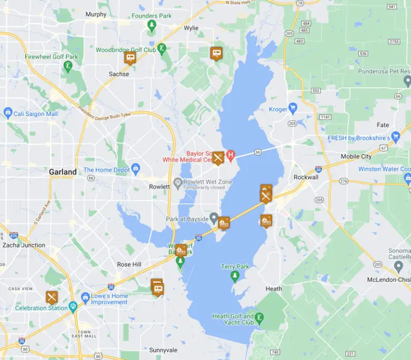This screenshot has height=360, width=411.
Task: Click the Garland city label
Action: click(x=63, y=172)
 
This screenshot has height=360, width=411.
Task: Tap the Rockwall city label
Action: click(x=306, y=177)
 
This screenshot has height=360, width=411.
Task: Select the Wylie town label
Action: click(x=191, y=28)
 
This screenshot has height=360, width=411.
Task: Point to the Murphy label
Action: click(x=96, y=14)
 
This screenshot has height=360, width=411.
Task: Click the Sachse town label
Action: click(x=119, y=74)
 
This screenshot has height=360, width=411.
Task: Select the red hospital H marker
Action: click(x=231, y=156)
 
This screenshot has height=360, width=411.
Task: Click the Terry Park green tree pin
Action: click(x=234, y=275)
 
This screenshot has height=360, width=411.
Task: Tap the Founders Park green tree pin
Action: click(x=152, y=25)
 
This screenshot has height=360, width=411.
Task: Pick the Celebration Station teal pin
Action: click(x=73, y=306)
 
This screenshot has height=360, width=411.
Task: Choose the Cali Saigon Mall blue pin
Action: click(x=7, y=113)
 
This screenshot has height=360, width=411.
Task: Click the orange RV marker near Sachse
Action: click(x=130, y=57)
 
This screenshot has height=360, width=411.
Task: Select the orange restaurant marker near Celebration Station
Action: click(x=51, y=296)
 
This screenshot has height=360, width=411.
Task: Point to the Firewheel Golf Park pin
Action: click(x=68, y=66)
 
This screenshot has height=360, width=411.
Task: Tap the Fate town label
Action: click(x=383, y=125)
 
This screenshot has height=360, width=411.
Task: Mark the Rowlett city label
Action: click(x=159, y=186)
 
